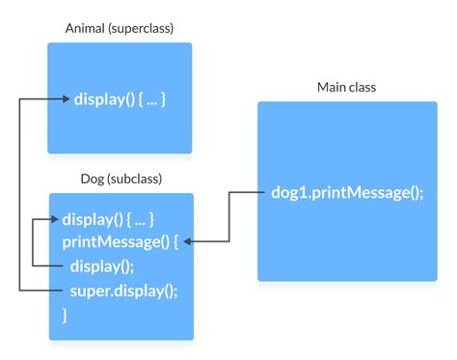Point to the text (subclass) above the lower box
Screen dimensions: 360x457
click(x=134, y=179)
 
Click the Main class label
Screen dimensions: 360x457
click(x=346, y=88)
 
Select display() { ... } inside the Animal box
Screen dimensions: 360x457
click(x=121, y=98)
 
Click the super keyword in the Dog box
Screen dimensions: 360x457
click(x=87, y=290)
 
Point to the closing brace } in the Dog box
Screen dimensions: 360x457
click(x=66, y=314)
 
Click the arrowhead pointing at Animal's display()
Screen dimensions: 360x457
click(x=66, y=98)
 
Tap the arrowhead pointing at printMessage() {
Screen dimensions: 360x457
click(x=188, y=241)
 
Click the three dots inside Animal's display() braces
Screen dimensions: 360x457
click(x=152, y=98)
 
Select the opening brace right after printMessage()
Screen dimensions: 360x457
click(x=174, y=241)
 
